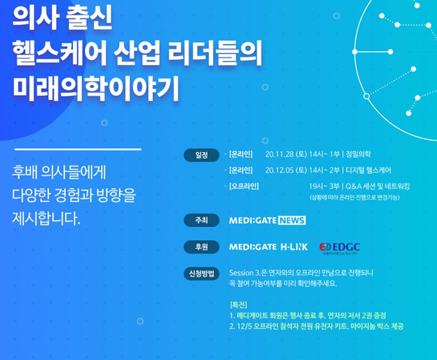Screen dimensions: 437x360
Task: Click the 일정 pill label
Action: (x=202, y=155)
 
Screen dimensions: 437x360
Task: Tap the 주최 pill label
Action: (x=202, y=221)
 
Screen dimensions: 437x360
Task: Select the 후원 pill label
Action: (x=202, y=247)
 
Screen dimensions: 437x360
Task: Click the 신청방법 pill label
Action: (x=202, y=274)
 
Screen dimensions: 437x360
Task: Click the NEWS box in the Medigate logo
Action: (x=292, y=221)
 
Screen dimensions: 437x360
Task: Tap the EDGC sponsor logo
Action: (x=340, y=248)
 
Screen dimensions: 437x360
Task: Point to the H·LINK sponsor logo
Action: (x=294, y=247)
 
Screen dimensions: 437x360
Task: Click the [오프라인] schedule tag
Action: (x=244, y=186)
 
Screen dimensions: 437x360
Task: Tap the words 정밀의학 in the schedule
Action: (x=358, y=154)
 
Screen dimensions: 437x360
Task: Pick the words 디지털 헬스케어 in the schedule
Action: (x=368, y=170)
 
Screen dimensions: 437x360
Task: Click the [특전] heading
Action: (x=238, y=305)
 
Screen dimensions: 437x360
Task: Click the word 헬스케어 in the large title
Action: (x=59, y=53)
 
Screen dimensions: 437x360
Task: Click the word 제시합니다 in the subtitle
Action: (x=46, y=219)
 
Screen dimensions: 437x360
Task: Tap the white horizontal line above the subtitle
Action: (x=78, y=149)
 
